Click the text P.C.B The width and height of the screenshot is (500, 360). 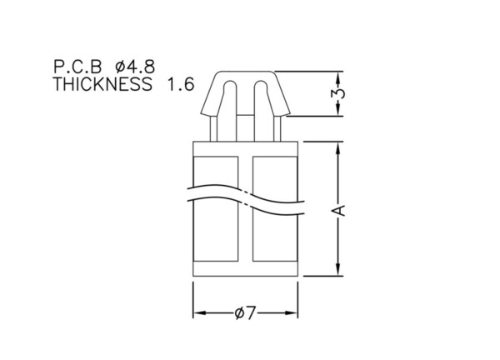click(77, 67)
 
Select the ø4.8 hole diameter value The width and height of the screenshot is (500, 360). click(135, 67)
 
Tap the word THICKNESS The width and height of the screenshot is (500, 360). click(102, 84)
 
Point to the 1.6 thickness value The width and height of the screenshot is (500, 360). click(181, 84)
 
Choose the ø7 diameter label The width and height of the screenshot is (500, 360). click(245, 312)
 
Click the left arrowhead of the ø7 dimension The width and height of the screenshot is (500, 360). click(199, 312)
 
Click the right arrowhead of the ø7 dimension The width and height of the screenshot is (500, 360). click(292, 312)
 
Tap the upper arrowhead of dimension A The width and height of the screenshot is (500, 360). click(338, 147)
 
